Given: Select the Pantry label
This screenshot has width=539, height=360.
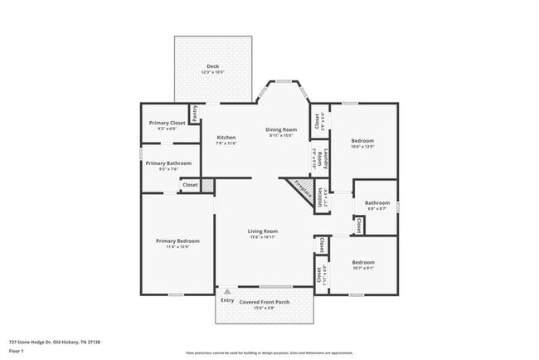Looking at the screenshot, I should pyautogui.click(x=195, y=114).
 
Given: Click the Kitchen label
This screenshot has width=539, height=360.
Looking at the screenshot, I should pyautogui.click(x=226, y=137).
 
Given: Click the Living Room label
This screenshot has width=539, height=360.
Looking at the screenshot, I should pyautogui.click(x=262, y=231).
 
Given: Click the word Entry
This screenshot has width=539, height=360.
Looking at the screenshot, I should pyautogui.click(x=226, y=299).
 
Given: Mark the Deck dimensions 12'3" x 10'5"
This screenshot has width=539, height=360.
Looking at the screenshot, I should pyautogui.click(x=212, y=72).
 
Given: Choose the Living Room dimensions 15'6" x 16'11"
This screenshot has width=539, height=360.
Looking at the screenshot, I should pyautogui.click(x=262, y=237).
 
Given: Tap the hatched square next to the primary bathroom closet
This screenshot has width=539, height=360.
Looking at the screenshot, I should pyautogui.click(x=208, y=186).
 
